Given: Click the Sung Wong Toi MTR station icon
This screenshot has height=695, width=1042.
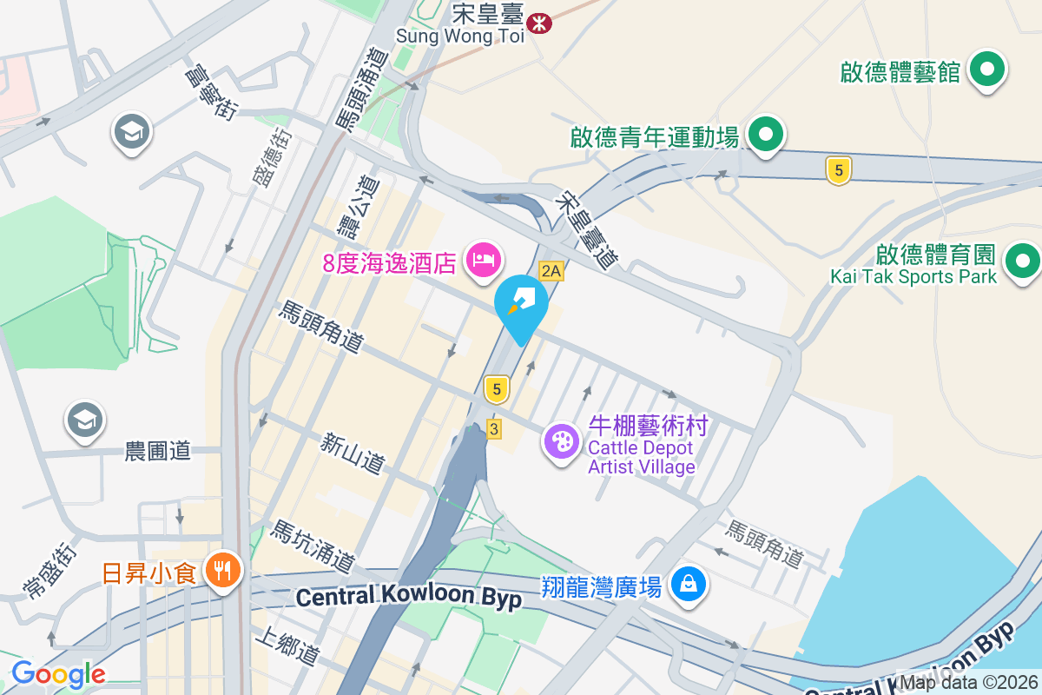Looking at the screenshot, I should tap(539, 22).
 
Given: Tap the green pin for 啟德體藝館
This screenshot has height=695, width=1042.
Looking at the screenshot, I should tap(986, 70).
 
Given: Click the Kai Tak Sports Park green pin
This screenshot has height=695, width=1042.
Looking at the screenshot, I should tap(1022, 261).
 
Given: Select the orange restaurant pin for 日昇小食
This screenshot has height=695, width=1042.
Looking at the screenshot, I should tap(223, 571).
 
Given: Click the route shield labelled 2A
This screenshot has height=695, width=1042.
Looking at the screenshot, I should tap(551, 271).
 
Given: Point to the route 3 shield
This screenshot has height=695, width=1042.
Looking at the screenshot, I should tap(494, 429).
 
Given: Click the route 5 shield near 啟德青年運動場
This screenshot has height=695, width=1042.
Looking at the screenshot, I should tap(837, 171).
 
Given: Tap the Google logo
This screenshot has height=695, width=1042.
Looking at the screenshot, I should tap(58, 674).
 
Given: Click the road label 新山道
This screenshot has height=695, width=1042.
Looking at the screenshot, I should tap(352, 453).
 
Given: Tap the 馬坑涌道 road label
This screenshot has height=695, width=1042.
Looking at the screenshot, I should tap(313, 546).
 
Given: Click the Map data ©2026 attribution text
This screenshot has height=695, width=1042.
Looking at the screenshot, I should tap(967, 682).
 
